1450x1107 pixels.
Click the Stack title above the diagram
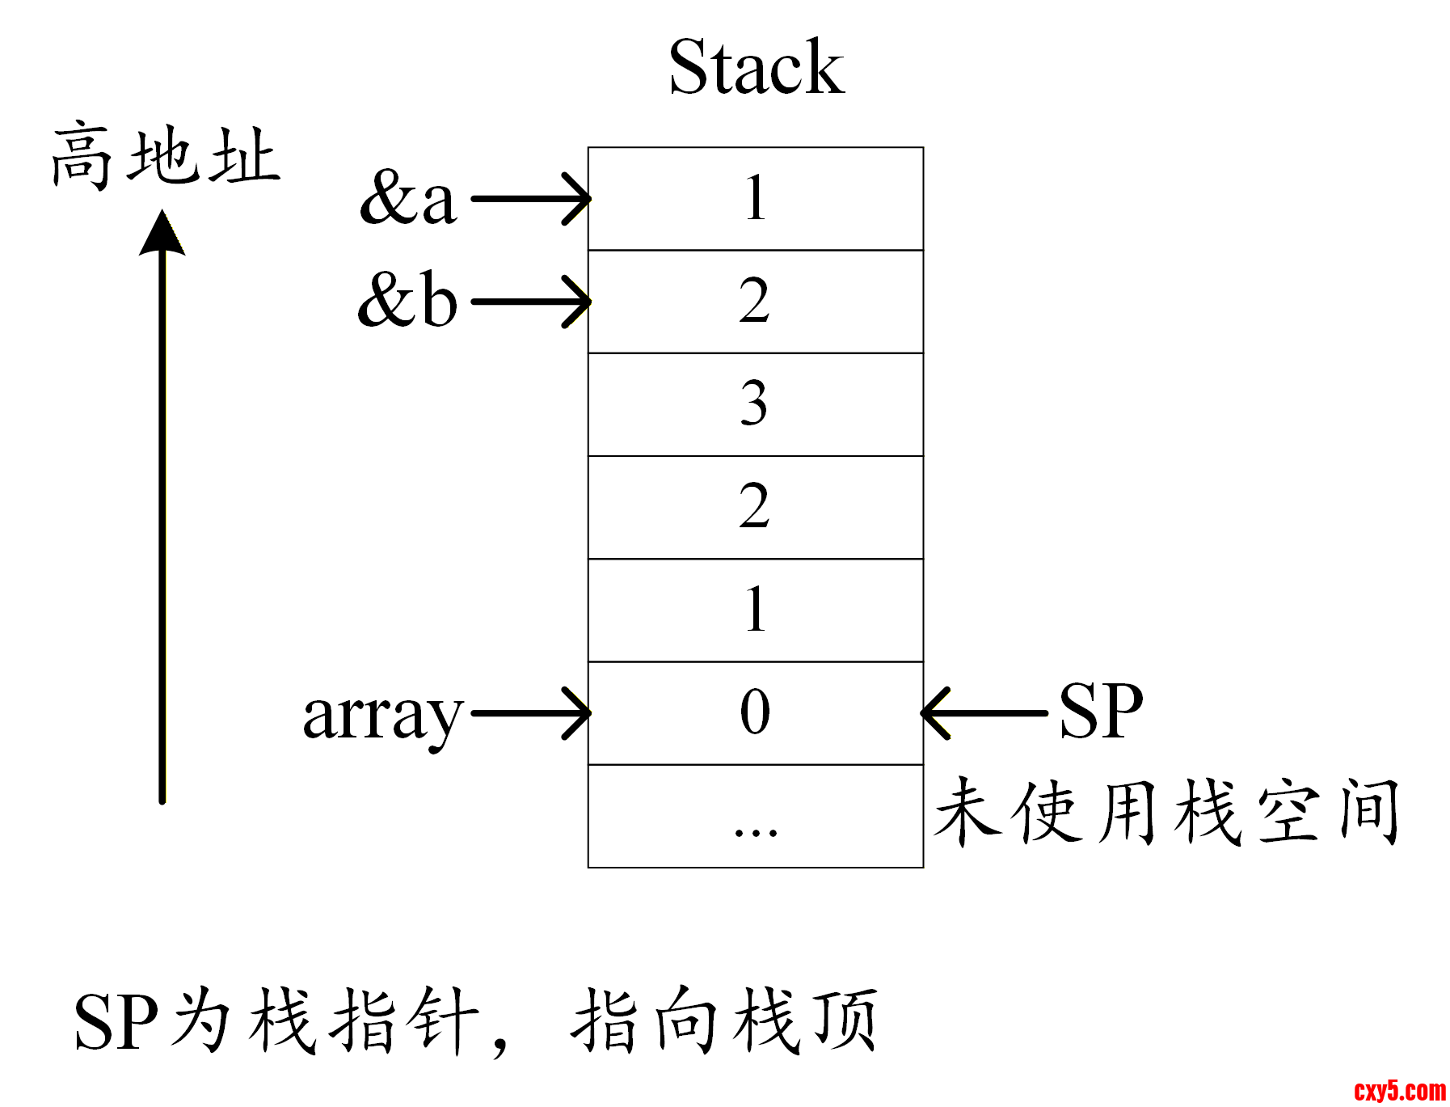[x=756, y=68]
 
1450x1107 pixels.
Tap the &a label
[x=408, y=197]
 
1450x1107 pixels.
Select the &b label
[x=408, y=300]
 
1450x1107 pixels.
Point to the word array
[x=382, y=716]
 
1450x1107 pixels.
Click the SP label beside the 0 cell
[x=1101, y=712]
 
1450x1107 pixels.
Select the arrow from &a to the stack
[x=529, y=198]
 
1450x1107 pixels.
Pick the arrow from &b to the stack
[x=529, y=302]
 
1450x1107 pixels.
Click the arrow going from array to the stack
[x=529, y=713]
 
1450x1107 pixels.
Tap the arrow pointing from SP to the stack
[x=984, y=713]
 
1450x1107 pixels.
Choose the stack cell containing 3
[x=755, y=404]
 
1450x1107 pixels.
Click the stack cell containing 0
[x=755, y=713]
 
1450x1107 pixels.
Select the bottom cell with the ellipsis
[x=755, y=816]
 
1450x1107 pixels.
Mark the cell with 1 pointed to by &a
[x=755, y=199]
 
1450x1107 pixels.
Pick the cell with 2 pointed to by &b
[x=755, y=302]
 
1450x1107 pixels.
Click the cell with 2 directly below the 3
[x=755, y=507]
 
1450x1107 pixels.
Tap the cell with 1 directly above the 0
[x=755, y=611]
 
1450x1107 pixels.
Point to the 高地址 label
[x=166, y=157]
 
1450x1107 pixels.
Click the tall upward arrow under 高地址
[x=162, y=509]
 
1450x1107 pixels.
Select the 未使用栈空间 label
[x=1166, y=812]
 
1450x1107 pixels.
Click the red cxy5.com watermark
[x=1400, y=1091]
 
